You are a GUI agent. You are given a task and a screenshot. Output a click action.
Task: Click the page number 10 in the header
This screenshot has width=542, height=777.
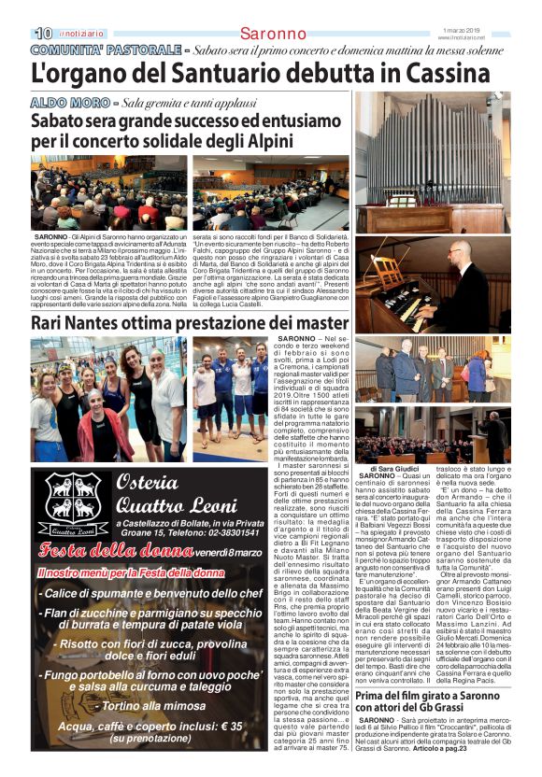tap(43, 34)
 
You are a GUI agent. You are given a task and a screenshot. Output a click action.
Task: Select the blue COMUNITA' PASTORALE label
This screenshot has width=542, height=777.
tap(104, 49)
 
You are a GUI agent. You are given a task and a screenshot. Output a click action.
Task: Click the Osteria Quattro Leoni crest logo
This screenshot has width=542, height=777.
tap(75, 508)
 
